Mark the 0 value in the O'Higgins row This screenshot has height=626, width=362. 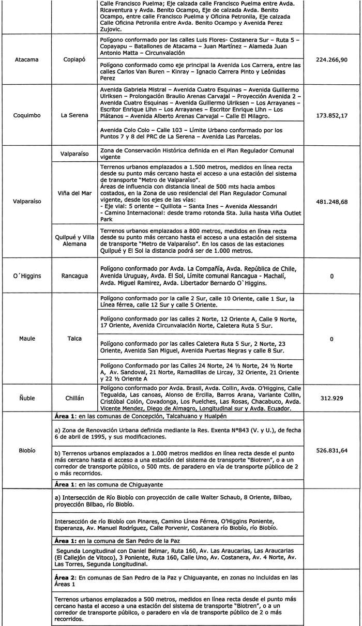[x=331, y=276]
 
